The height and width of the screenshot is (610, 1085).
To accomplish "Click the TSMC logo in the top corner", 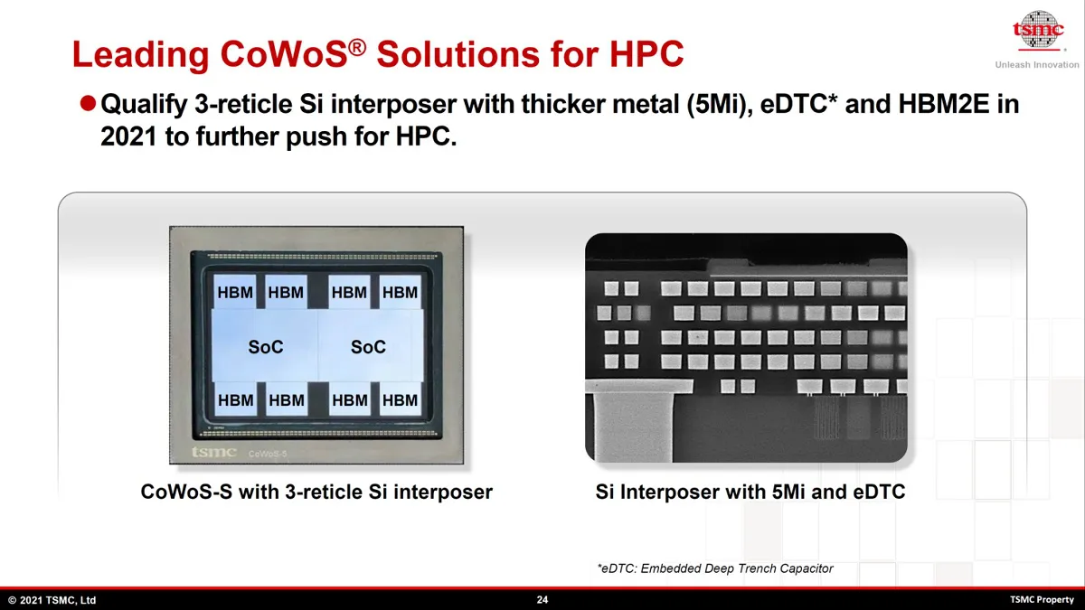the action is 1038,30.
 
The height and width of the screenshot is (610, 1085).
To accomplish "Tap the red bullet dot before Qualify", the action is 88,103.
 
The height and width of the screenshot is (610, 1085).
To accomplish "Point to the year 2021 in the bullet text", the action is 128,136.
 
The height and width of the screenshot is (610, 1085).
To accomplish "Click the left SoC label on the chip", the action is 266,347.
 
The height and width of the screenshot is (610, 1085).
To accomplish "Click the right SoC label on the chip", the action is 368,347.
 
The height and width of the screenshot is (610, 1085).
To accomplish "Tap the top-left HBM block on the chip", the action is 235,291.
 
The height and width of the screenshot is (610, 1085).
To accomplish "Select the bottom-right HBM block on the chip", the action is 400,399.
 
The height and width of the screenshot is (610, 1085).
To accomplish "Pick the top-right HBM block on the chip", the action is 400,291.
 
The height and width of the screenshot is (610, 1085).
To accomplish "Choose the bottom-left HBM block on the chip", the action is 235,399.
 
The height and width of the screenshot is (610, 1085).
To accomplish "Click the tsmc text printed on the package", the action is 213,452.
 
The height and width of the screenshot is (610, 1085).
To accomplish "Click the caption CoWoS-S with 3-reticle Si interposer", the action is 316,492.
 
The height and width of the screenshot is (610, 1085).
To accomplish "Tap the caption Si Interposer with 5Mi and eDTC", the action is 750,492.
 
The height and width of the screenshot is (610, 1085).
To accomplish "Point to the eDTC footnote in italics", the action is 715,568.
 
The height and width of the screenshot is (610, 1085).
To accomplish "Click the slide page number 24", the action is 542,600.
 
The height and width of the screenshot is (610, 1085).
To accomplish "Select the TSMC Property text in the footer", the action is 1042,600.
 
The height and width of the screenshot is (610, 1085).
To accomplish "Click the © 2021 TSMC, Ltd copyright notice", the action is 52,600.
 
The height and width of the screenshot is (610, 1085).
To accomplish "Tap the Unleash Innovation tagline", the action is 1037,65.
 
